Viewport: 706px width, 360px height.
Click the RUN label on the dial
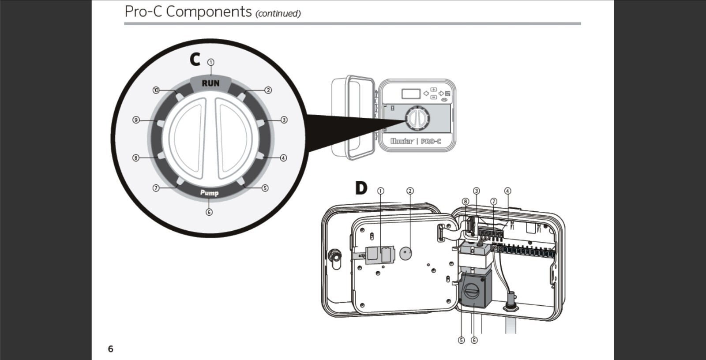(210, 83)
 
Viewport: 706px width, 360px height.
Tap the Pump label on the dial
(209, 193)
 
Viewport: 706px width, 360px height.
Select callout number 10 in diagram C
(156, 90)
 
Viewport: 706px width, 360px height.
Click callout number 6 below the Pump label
(209, 212)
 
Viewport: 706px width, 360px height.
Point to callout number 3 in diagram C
(284, 120)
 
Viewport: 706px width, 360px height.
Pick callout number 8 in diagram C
(136, 158)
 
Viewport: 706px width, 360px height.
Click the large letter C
(195, 60)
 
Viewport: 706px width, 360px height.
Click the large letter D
(361, 188)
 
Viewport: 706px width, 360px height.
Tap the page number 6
(111, 349)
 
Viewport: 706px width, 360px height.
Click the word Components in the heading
(209, 11)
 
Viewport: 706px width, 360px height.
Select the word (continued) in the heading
(278, 13)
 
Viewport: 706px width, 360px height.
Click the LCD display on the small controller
(410, 94)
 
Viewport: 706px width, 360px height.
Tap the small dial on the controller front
(417, 118)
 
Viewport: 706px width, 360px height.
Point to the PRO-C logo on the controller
(431, 142)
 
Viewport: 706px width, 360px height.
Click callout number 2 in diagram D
(410, 191)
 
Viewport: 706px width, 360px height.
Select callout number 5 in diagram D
(461, 340)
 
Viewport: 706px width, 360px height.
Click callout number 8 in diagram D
(465, 202)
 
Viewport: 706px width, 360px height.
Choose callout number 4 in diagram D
(507, 191)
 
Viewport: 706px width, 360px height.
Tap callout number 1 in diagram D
(380, 191)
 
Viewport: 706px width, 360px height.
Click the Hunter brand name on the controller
(402, 142)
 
